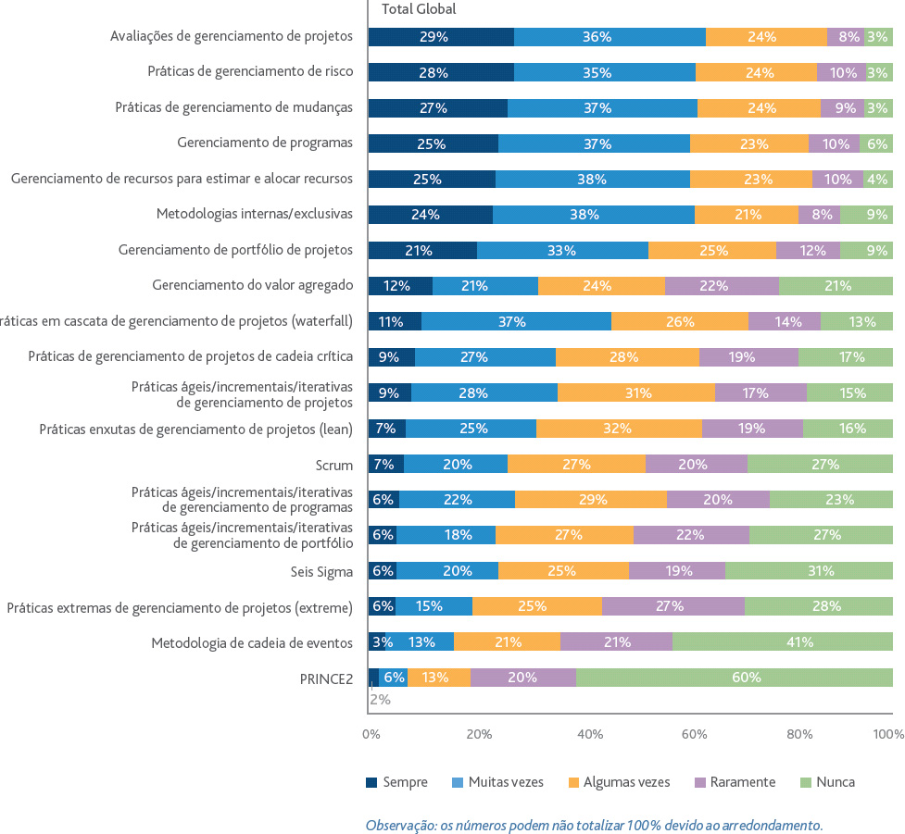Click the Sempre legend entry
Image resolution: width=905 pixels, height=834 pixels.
tap(396, 782)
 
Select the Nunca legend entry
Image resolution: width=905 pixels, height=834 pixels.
tap(827, 782)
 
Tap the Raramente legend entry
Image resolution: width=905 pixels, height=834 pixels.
tap(735, 782)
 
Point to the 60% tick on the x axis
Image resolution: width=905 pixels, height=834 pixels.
tap(694, 734)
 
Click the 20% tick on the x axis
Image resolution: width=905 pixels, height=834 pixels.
tap(479, 734)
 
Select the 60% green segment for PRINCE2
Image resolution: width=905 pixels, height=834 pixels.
tap(735, 678)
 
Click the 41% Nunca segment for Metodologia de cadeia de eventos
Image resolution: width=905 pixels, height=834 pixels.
tap(783, 641)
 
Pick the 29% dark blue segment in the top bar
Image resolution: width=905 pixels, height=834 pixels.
tap(441, 37)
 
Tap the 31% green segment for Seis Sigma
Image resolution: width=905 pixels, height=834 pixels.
tap(810, 570)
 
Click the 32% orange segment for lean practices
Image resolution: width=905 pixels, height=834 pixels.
tap(620, 429)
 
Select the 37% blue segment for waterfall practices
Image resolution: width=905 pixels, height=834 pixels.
tap(517, 321)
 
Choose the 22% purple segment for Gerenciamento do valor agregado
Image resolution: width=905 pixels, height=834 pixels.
tap(722, 285)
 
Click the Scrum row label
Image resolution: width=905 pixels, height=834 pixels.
tap(334, 465)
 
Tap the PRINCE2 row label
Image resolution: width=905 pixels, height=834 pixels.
tap(326, 678)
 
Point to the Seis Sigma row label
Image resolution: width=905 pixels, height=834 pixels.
tap(321, 571)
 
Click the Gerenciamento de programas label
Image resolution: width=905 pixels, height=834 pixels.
tap(265, 143)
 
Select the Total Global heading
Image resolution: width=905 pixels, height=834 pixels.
tap(419, 8)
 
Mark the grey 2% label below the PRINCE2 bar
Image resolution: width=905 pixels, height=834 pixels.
tap(381, 700)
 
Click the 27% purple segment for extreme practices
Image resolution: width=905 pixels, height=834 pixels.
tap(673, 606)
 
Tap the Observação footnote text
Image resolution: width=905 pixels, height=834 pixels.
tap(595, 826)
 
